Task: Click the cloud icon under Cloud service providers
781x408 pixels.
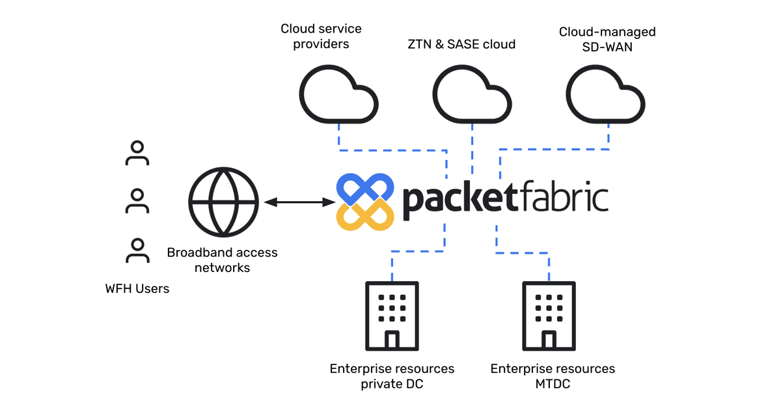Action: (x=338, y=98)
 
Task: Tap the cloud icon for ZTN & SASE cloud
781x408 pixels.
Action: (x=473, y=98)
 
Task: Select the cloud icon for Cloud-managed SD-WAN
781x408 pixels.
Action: (x=605, y=98)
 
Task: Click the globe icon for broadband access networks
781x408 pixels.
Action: (x=224, y=202)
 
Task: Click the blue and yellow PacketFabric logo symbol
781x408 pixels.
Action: (x=365, y=202)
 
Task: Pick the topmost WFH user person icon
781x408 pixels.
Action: (x=137, y=153)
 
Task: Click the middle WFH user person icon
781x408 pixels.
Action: (x=137, y=201)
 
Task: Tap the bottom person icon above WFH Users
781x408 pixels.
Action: (x=137, y=251)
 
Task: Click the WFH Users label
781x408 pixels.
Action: (x=137, y=288)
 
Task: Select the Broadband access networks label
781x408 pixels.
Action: (x=222, y=260)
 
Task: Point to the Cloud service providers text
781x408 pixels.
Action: (x=321, y=36)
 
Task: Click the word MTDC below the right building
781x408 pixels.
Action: (x=552, y=384)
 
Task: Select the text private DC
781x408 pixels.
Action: (x=392, y=384)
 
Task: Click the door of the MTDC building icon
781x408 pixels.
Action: (x=549, y=340)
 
